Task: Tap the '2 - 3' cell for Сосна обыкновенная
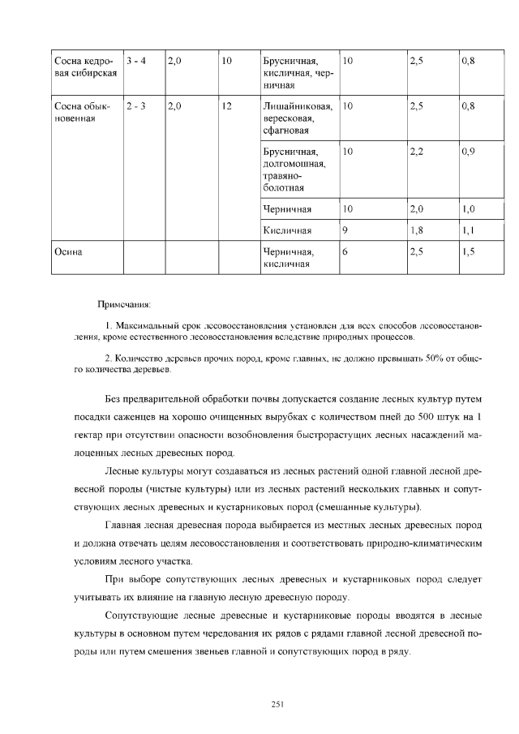[x=135, y=106]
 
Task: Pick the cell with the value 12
[x=227, y=106]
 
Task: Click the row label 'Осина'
[x=70, y=252]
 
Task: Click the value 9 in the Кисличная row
[x=345, y=230]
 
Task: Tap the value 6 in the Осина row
[x=345, y=252]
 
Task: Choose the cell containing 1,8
[x=417, y=230]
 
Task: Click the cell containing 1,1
[x=468, y=230]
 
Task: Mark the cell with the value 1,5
[x=468, y=252]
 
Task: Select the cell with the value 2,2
[x=417, y=152]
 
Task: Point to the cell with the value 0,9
[x=468, y=152]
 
